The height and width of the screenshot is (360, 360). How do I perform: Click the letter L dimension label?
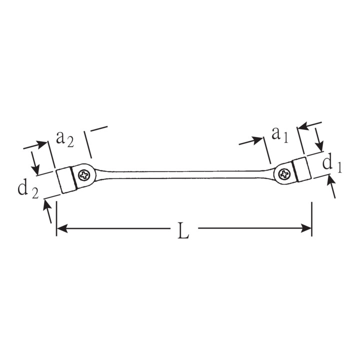(183, 230)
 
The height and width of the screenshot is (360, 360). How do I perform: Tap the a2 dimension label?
(65, 139)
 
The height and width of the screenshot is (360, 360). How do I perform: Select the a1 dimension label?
(279, 135)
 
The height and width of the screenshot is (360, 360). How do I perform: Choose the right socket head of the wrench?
(301, 169)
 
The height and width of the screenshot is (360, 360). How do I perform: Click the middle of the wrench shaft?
(183, 175)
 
